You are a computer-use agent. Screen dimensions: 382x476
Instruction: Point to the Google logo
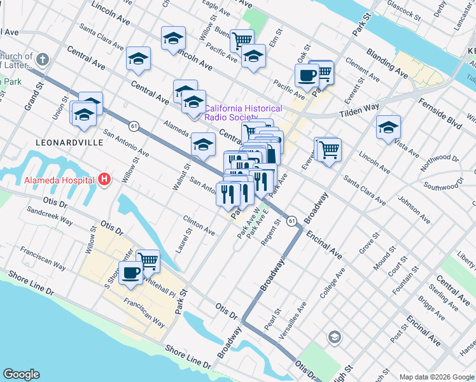(x=21, y=374)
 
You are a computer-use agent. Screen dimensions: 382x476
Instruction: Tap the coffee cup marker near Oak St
(x=306, y=76)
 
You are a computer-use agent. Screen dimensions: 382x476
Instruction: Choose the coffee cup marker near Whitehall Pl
(x=130, y=272)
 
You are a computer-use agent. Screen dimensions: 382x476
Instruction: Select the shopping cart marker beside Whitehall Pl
(x=148, y=260)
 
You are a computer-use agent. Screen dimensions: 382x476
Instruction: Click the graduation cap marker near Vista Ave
(x=388, y=127)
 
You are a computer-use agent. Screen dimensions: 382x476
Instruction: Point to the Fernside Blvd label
(x=440, y=111)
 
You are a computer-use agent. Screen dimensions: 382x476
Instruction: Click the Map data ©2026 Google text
(x=436, y=376)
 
